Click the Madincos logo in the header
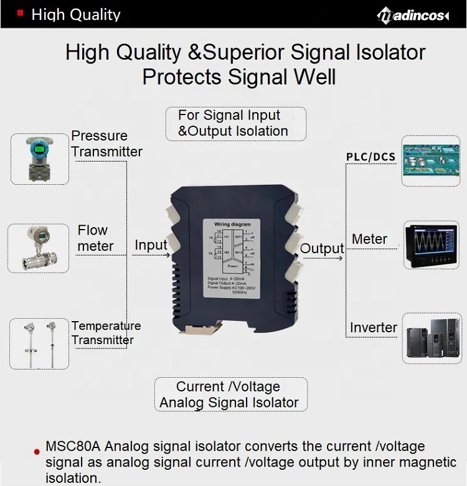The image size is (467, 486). (413, 15)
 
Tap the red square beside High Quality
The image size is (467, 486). (21, 12)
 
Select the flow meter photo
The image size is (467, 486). (39, 247)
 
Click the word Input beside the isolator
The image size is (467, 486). (151, 245)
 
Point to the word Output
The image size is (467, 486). (322, 248)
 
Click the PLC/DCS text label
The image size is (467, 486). (370, 156)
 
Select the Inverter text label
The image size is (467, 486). (373, 327)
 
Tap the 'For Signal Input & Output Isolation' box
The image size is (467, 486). (235, 123)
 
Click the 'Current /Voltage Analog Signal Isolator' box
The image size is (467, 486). (230, 395)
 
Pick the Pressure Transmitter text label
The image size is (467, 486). (106, 144)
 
